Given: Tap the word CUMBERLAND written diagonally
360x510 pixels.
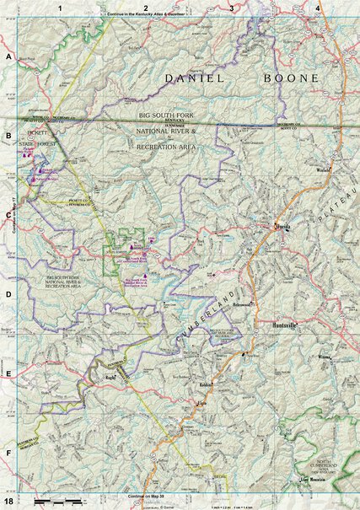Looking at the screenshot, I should [x=209, y=320].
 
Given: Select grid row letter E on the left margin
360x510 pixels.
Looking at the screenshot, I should [x=8, y=375].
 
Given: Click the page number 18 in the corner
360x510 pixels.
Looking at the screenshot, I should [x=8, y=502].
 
